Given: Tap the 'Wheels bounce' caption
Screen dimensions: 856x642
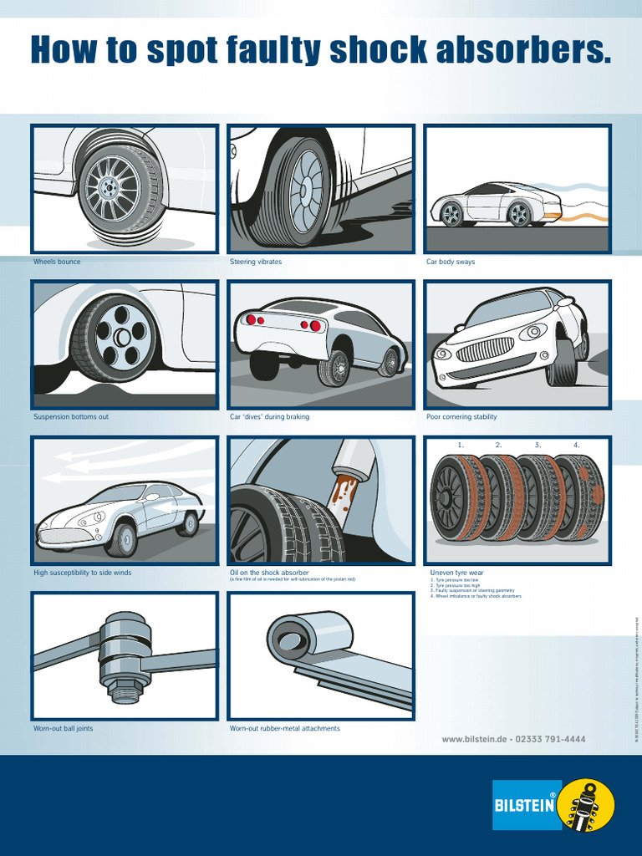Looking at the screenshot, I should pos(57,262).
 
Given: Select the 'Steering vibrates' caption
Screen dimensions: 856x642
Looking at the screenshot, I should pos(256,262).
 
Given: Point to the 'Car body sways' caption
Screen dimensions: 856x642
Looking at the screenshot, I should pos(451,262).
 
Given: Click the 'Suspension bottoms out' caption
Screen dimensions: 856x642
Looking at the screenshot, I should pos(71,417).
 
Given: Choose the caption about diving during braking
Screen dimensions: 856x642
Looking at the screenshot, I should pos(269,417).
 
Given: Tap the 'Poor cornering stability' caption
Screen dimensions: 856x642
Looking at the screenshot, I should pos(461,417).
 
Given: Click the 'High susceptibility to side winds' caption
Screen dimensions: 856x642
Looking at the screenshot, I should pos(82,573).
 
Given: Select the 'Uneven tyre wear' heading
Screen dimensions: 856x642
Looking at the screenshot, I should pos(456,573).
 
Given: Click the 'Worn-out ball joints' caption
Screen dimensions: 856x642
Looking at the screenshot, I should pos(63,728).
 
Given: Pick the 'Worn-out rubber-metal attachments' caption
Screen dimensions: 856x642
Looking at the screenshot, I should pos(285,728).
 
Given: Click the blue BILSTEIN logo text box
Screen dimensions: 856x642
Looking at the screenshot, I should pos(525,805).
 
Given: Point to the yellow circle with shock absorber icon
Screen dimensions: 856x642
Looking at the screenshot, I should pos(586,805).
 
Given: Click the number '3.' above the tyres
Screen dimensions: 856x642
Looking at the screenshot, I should pos(538,445).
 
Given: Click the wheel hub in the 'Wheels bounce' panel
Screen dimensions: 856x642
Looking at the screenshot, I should pos(108,189).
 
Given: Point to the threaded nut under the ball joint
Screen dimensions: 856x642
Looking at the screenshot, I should pos(125,692).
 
